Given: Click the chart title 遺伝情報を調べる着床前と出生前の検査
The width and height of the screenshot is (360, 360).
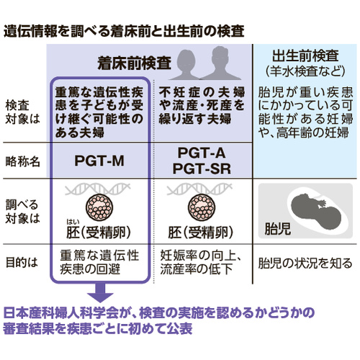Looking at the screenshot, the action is coord(124,31).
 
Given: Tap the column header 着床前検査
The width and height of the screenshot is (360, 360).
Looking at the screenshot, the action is coord(135,63).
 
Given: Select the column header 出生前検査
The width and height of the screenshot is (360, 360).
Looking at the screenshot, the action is coord(305,55).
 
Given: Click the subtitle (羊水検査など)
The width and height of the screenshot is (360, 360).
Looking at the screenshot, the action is coord(305,71).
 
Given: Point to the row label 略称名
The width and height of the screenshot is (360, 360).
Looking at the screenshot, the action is coord(22,161).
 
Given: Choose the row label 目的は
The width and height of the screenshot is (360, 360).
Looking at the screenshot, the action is coord(22,262).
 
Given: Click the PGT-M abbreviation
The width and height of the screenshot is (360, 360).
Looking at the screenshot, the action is coord(99,161).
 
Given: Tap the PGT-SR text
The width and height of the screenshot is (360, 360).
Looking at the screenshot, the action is coord(202,168).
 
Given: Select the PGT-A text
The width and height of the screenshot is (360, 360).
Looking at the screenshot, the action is coord(202,153).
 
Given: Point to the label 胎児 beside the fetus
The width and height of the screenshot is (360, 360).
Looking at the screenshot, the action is coord(278,228).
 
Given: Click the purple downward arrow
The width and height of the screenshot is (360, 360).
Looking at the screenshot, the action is coord(100,292).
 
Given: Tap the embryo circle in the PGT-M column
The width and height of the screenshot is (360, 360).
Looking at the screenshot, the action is coord(99,207).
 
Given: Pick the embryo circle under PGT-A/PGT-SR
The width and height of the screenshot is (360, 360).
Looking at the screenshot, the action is coord(202,207).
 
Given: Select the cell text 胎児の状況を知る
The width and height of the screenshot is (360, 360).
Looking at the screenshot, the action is coord(305,263).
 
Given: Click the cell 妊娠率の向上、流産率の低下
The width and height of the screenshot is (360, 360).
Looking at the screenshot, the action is coord(201,262).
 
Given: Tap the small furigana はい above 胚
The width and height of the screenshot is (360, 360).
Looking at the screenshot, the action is coord(73,222).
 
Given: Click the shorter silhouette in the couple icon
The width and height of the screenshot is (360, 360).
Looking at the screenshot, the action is coord(186,65).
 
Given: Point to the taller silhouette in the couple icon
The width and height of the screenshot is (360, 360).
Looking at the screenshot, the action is coord(220,63).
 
